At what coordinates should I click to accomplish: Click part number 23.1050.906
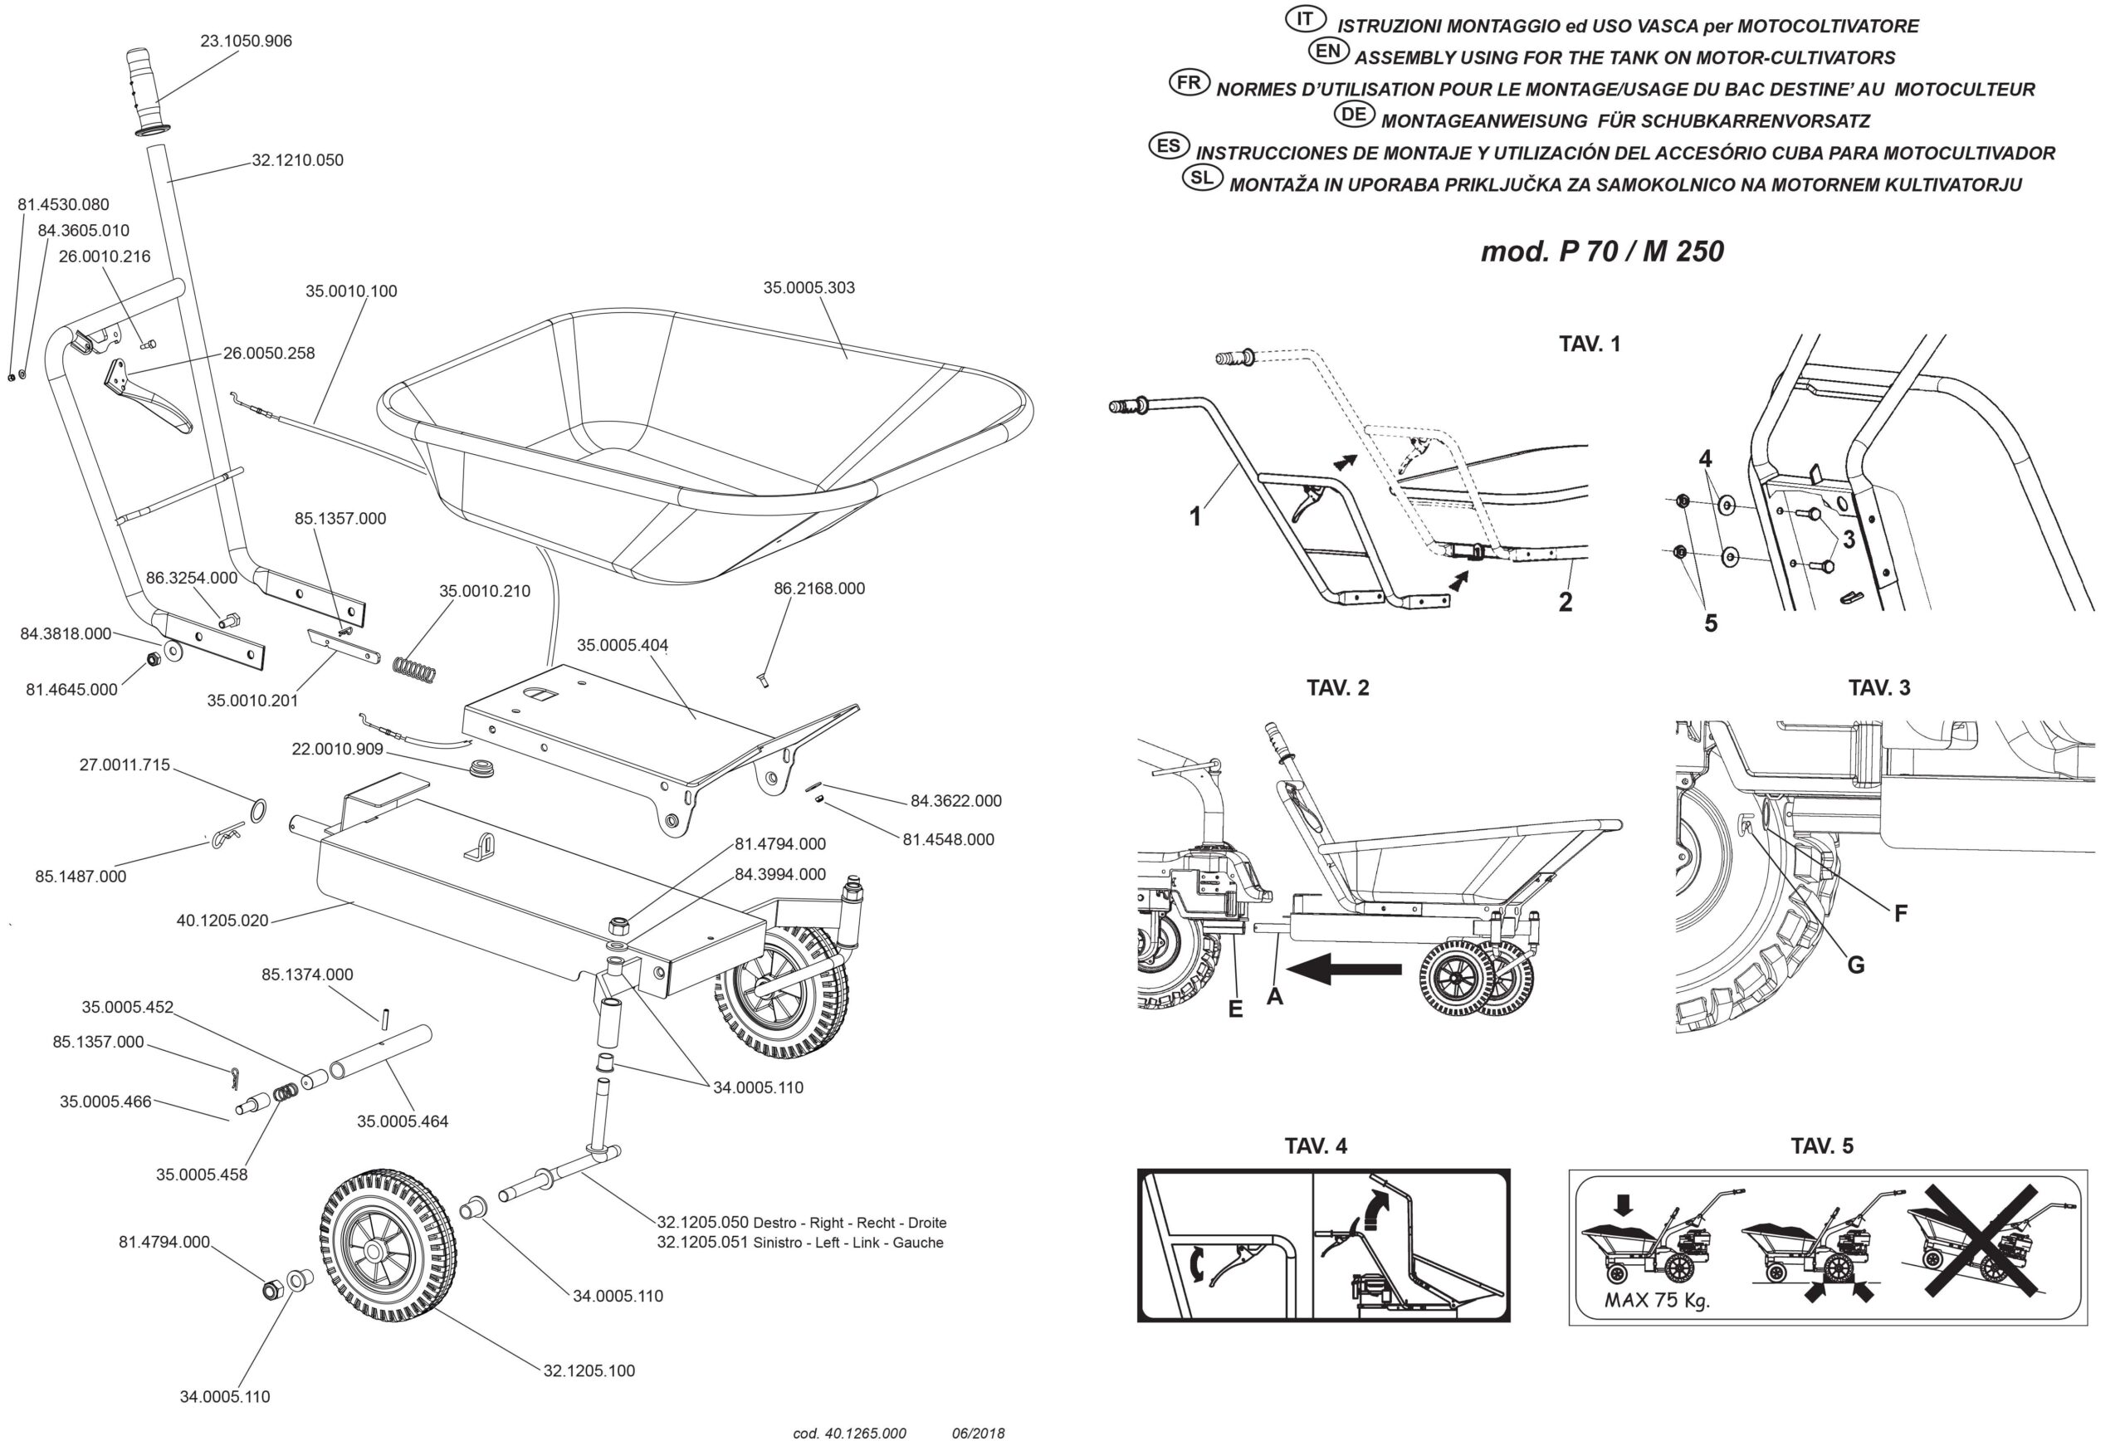246,42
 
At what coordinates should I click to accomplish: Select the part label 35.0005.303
808,287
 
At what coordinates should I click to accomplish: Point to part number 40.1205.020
222,920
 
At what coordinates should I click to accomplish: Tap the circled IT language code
1305,18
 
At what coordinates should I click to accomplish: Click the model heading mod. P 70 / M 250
1602,251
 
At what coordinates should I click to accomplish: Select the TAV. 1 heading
1589,344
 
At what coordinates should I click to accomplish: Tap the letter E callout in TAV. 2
1235,1009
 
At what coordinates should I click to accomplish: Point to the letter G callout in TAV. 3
1855,964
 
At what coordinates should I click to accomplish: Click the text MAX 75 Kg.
1656,1300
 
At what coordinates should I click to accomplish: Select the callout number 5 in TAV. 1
1710,623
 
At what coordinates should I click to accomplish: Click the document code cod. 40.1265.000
848,1434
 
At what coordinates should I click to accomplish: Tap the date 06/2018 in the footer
978,1434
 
